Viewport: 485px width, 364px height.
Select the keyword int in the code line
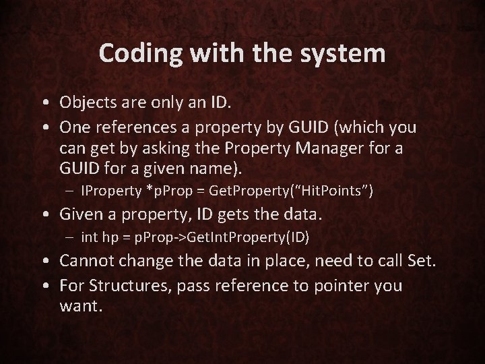[x=89, y=238]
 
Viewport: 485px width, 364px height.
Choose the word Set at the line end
[x=422, y=263]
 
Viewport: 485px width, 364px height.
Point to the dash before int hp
[x=71, y=239]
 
